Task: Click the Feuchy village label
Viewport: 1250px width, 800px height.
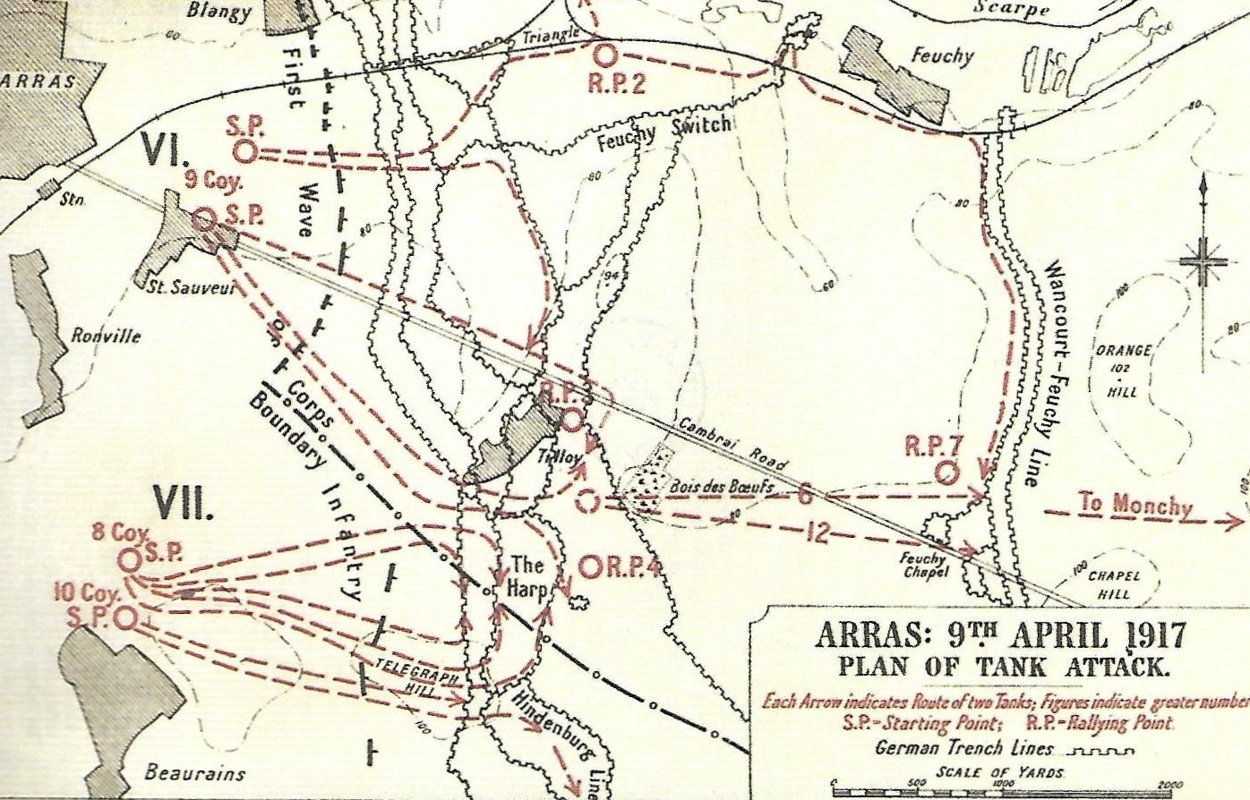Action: pos(942,55)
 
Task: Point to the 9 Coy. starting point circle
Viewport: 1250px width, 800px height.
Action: pos(204,218)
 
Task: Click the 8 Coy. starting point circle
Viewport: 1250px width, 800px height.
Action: pos(130,560)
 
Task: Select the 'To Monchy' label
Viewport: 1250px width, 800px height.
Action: pos(1135,505)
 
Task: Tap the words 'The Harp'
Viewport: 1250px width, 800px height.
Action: pos(527,577)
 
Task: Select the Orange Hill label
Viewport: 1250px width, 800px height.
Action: pos(1123,367)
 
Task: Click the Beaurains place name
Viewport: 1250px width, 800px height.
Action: pos(194,773)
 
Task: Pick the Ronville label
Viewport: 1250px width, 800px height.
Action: pos(106,336)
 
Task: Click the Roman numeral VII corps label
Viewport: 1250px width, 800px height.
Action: pos(184,504)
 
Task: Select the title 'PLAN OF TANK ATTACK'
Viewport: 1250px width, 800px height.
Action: pos(1001,667)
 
